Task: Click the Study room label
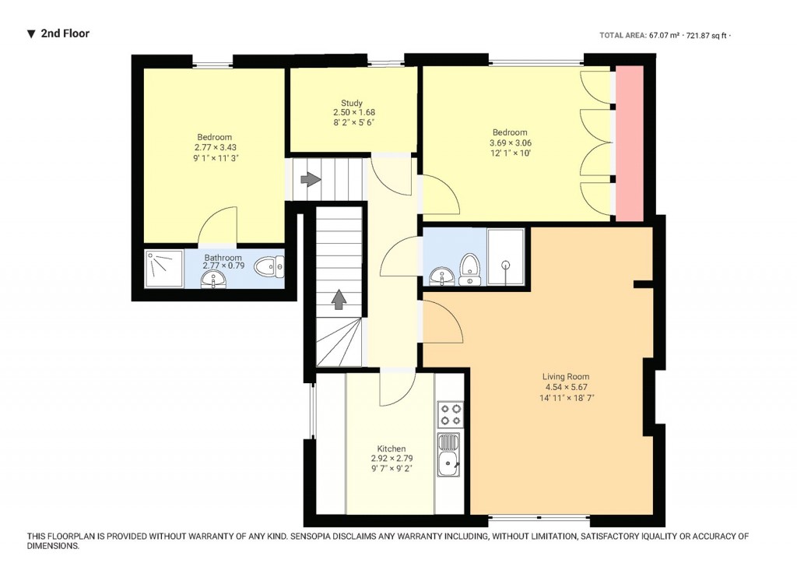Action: tap(352, 103)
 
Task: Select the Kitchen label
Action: tap(391, 449)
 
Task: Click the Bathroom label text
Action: tap(223, 258)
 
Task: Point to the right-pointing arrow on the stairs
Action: tap(310, 180)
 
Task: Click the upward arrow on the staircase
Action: tap(339, 299)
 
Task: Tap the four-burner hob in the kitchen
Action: tap(450, 414)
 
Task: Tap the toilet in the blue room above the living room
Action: tap(469, 268)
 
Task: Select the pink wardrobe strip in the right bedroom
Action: tap(630, 144)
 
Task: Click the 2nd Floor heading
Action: tap(65, 33)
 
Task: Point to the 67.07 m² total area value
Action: tap(664, 35)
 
